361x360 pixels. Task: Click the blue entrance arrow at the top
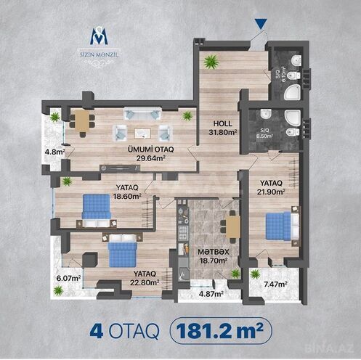pyautogui.click(x=261, y=25)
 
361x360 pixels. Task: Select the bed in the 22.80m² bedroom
pyautogui.click(x=123, y=253)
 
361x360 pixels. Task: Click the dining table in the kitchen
pyautogui.click(x=232, y=226)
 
